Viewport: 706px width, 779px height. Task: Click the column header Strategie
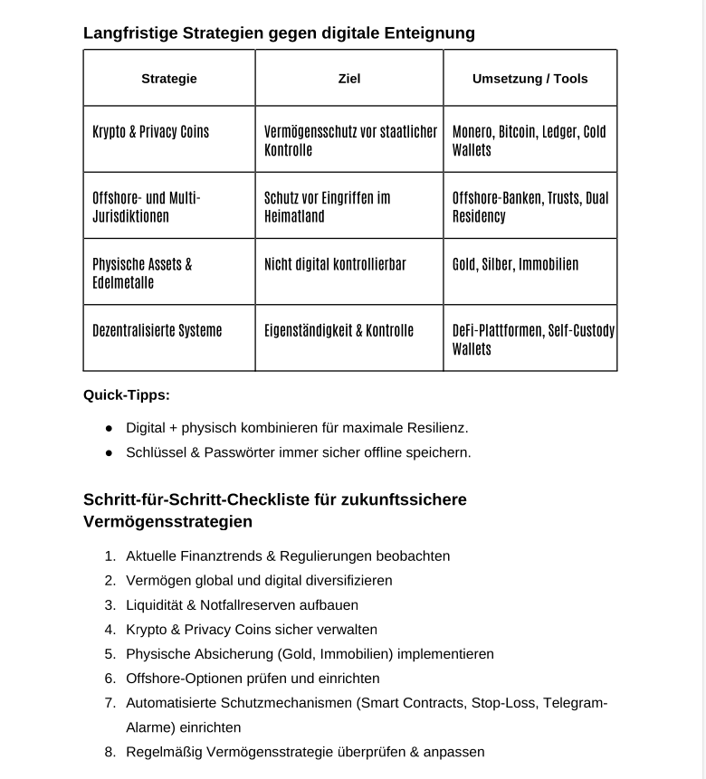(169, 79)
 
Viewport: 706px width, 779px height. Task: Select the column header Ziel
(349, 79)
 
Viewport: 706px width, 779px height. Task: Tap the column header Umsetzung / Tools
(529, 79)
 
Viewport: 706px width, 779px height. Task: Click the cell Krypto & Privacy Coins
(150, 132)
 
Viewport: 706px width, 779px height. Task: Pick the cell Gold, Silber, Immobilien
(515, 264)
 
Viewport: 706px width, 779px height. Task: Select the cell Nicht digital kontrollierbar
(335, 264)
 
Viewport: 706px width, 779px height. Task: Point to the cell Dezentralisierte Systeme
(157, 330)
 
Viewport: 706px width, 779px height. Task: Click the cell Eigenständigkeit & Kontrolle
(339, 330)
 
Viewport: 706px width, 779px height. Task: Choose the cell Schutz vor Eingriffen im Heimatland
(327, 207)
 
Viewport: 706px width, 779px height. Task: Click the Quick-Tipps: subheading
(127, 394)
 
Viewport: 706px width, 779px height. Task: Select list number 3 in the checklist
(110, 605)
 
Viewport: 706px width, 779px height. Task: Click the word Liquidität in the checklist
(156, 605)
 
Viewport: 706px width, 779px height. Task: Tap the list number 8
(110, 752)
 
